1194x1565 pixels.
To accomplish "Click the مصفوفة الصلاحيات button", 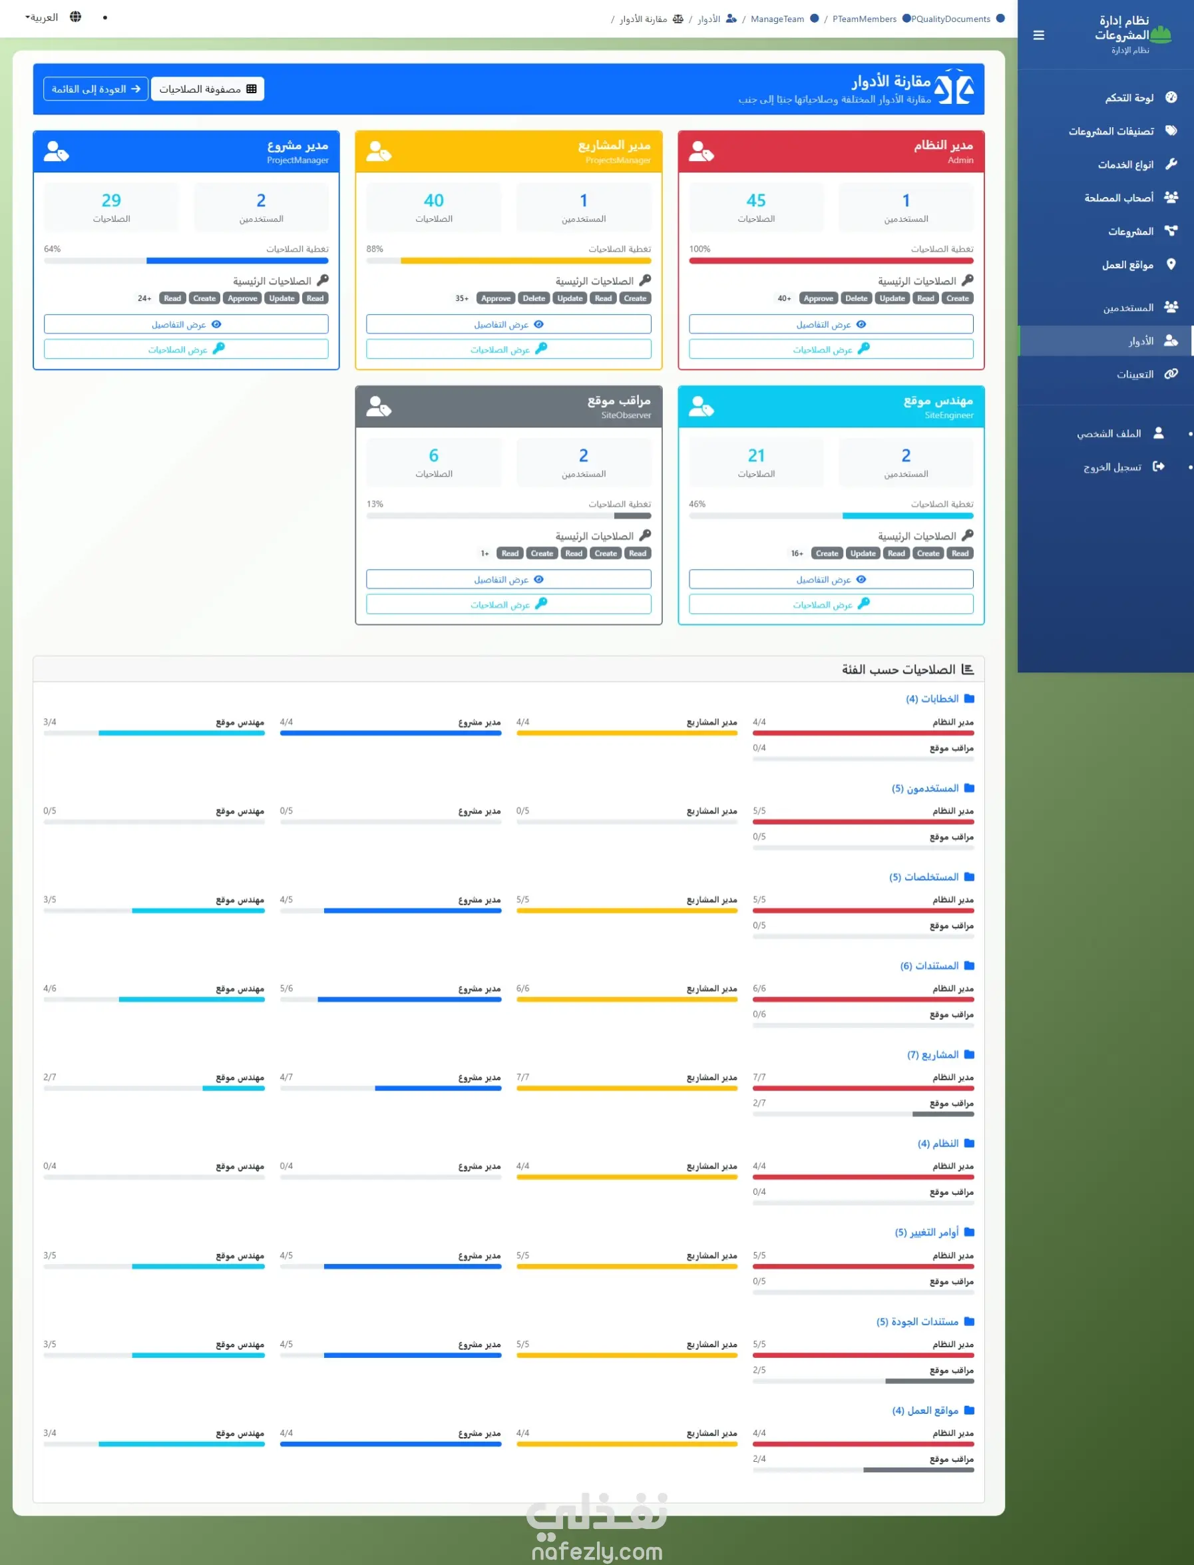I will pyautogui.click(x=208, y=89).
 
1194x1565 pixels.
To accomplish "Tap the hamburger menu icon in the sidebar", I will pyautogui.click(x=1038, y=35).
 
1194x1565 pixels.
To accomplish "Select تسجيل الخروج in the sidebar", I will pyautogui.click(x=1112, y=467).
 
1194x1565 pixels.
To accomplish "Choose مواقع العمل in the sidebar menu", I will pyautogui.click(x=1127, y=265).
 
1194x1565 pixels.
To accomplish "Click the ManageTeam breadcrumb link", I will pyautogui.click(x=777, y=19).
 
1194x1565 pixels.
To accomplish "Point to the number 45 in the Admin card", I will pyautogui.click(x=755, y=200).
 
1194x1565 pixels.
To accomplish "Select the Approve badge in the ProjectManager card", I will pyautogui.click(x=242, y=298).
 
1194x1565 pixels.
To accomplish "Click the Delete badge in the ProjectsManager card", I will pyautogui.click(x=534, y=298).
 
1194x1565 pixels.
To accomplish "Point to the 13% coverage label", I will pyautogui.click(x=375, y=504).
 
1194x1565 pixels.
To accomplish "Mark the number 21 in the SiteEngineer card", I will pyautogui.click(x=755, y=455).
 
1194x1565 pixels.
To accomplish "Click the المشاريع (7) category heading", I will pyautogui.click(x=932, y=1054).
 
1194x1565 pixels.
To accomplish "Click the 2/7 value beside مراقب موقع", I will pyautogui.click(x=759, y=1103).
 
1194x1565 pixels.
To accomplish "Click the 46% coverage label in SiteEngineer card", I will pyautogui.click(x=697, y=504).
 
